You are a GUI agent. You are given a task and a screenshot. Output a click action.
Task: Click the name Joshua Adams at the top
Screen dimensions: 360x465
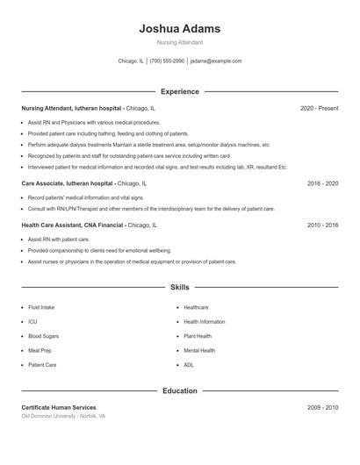click(x=179, y=29)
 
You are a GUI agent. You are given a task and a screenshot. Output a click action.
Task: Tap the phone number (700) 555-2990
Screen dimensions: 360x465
click(x=167, y=61)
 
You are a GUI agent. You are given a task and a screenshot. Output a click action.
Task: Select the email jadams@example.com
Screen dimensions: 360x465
click(x=216, y=61)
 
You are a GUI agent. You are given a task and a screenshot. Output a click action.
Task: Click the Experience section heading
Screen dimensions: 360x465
click(x=179, y=91)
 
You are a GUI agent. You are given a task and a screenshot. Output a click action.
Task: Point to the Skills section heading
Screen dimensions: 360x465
click(x=179, y=287)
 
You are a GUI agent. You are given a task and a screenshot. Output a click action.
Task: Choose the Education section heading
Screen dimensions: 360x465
click(x=179, y=390)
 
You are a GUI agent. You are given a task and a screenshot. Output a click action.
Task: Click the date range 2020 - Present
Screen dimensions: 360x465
click(x=319, y=108)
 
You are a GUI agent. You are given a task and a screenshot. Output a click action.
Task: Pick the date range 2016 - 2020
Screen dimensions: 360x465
click(x=322, y=184)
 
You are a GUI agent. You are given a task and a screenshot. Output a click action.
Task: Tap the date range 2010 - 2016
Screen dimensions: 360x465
click(x=322, y=225)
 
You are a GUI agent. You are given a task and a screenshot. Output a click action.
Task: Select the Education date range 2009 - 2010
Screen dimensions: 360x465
click(x=322, y=408)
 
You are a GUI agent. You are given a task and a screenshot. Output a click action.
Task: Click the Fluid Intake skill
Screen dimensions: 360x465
click(x=41, y=308)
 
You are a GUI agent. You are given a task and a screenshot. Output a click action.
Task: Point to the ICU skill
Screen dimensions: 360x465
click(x=32, y=322)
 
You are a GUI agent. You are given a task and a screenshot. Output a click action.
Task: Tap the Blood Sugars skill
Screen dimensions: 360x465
click(x=43, y=336)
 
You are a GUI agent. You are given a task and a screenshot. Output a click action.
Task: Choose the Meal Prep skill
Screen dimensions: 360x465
click(x=40, y=350)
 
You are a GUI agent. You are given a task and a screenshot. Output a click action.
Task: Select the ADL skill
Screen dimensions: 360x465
click(x=189, y=364)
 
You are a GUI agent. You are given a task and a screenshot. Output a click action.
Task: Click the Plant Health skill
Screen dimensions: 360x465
click(x=198, y=336)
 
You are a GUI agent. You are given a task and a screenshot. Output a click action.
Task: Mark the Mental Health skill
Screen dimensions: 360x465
click(x=199, y=350)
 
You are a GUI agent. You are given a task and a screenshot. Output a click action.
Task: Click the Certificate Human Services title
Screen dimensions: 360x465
click(x=59, y=408)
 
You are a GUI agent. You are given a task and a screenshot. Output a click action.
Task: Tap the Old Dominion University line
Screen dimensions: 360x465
click(x=63, y=417)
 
